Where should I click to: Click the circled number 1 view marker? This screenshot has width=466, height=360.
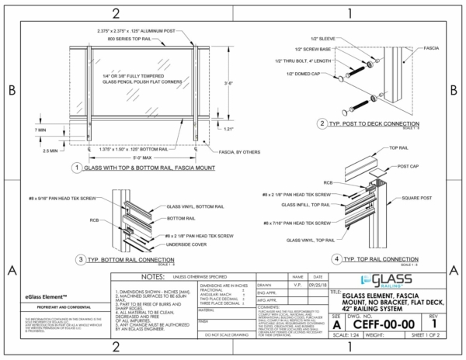pyautogui.click(x=75, y=168)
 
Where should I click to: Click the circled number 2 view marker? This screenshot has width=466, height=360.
pyautogui.click(x=321, y=124)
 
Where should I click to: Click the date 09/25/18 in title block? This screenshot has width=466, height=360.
pyautogui.click(x=317, y=284)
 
